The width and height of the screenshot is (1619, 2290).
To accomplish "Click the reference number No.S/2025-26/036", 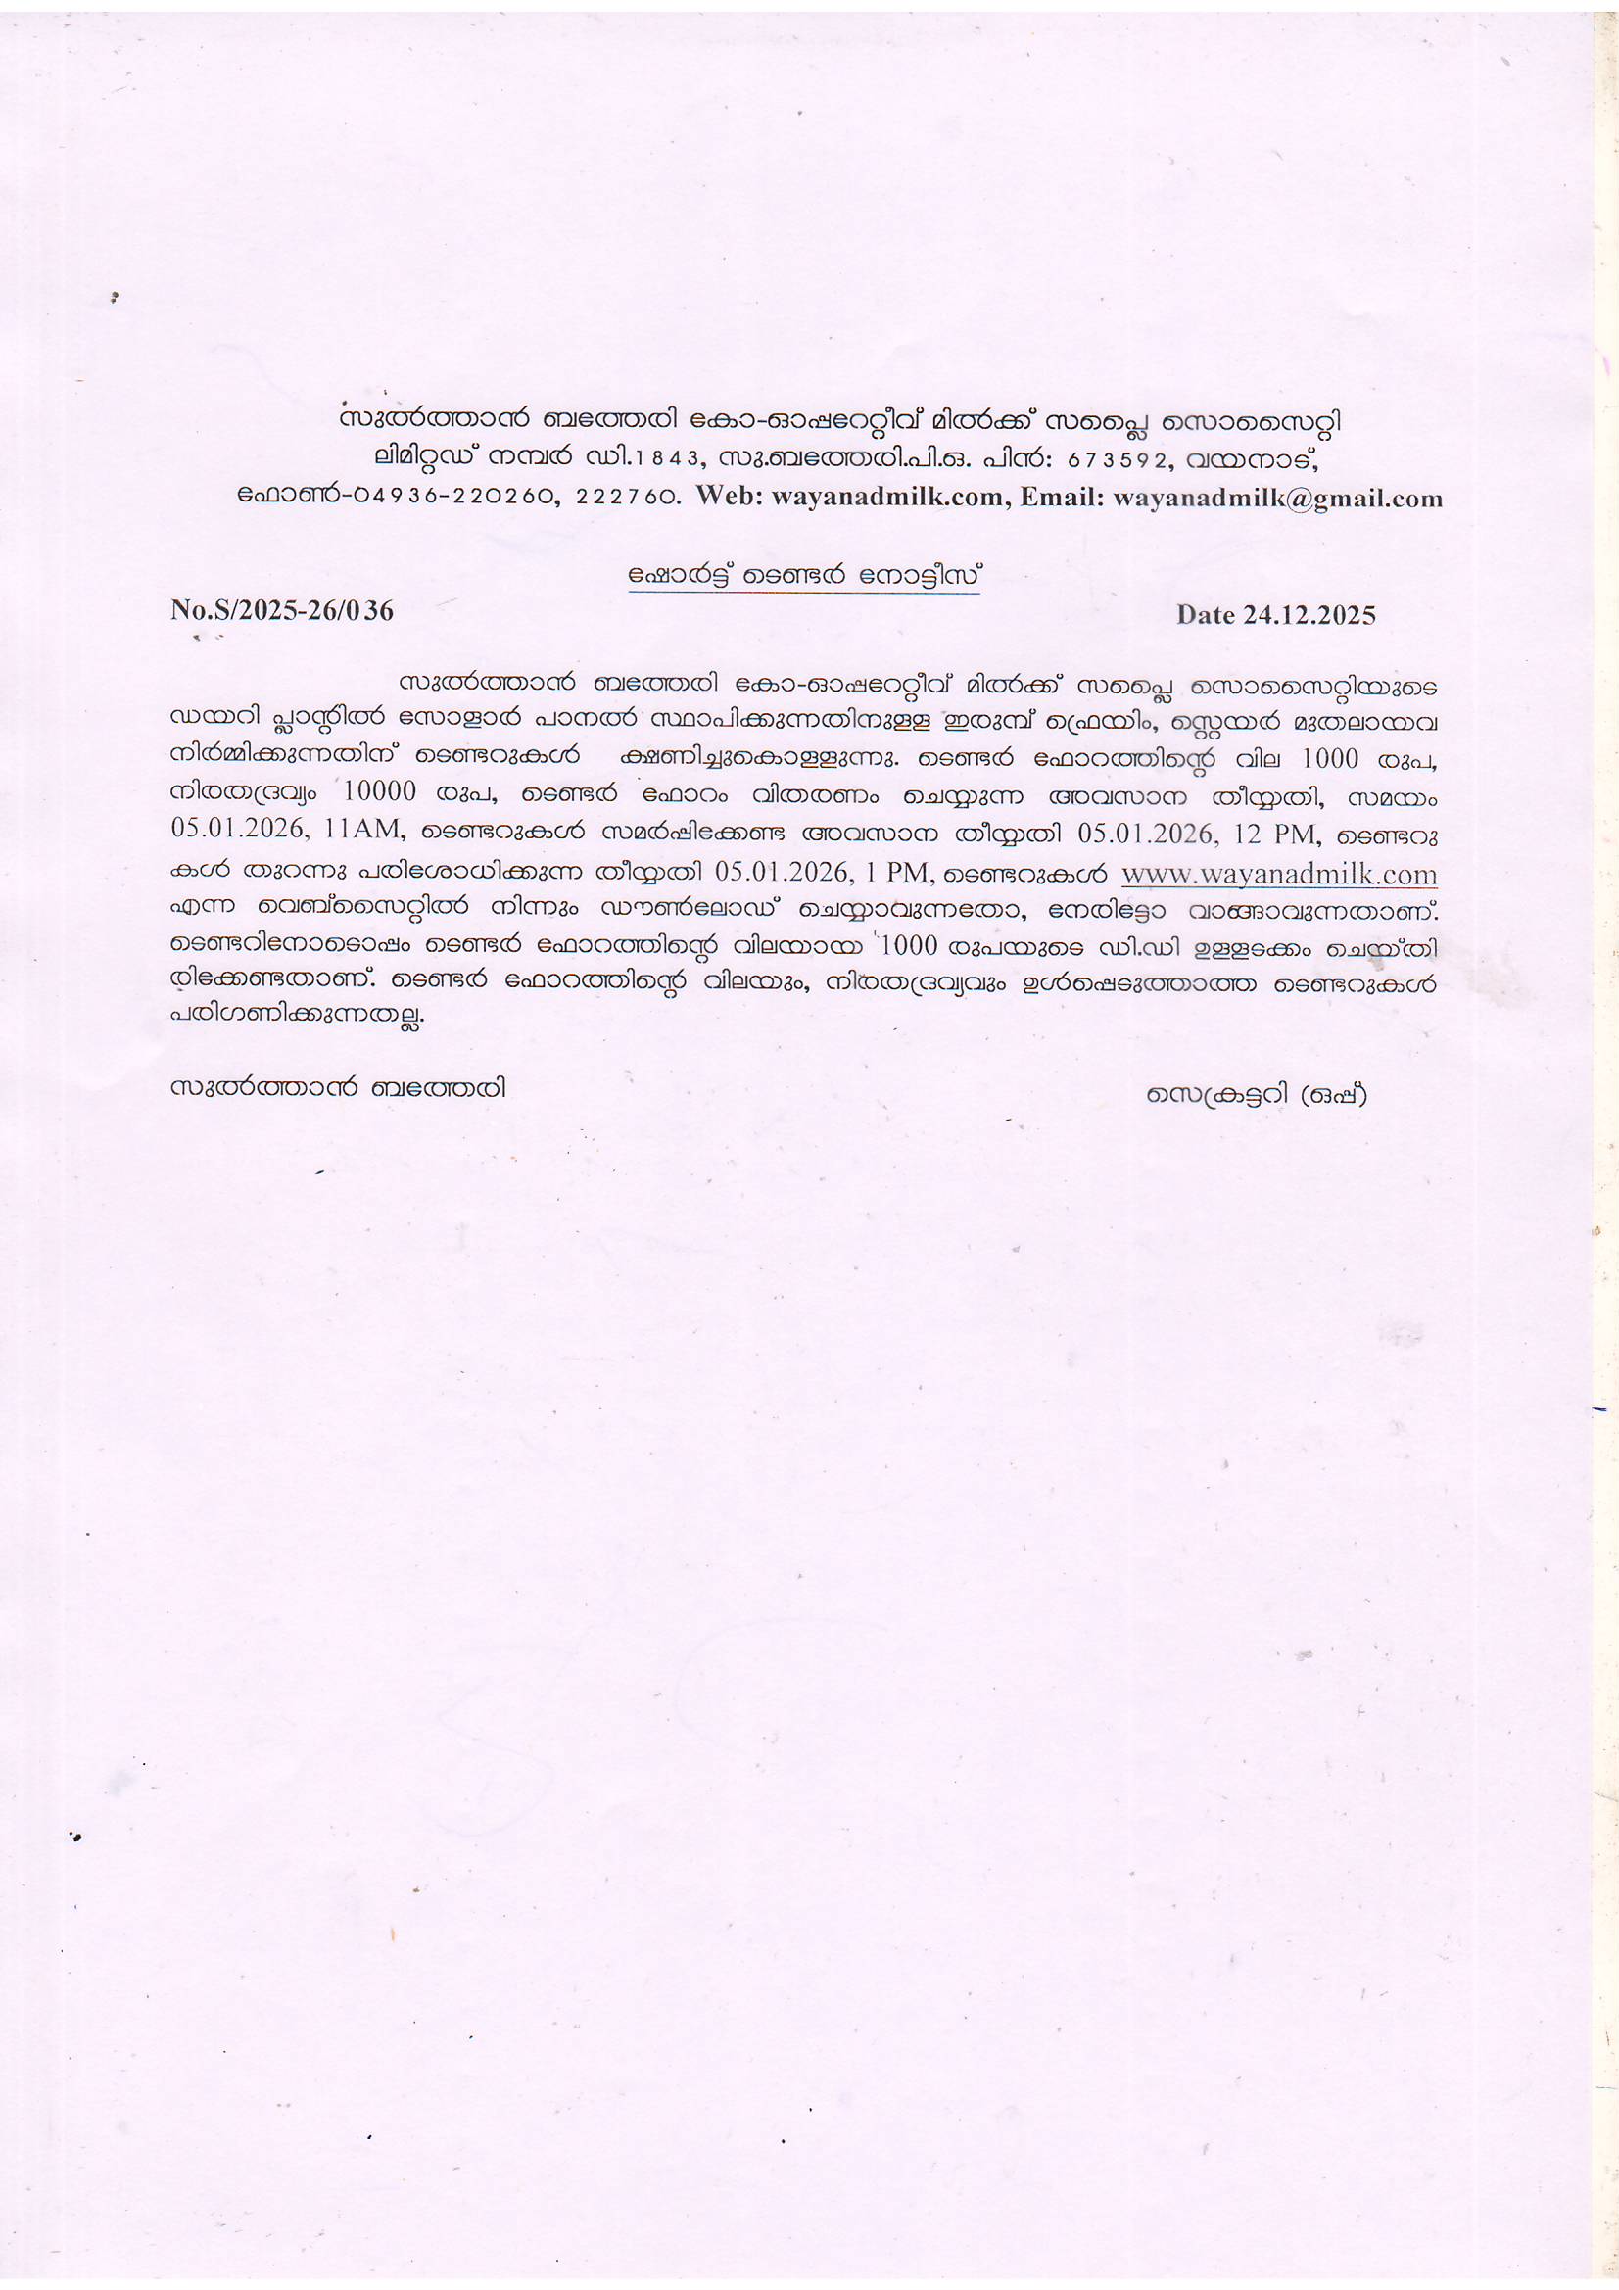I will coord(282,609).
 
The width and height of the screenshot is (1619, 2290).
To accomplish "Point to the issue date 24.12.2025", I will coord(1309,614).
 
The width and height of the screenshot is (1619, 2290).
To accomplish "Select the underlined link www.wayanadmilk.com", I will coord(1279,874).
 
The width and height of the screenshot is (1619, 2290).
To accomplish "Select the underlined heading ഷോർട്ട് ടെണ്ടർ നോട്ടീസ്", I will coord(804,576).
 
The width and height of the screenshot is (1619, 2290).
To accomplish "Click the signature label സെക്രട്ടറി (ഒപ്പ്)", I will coord(1256,1093).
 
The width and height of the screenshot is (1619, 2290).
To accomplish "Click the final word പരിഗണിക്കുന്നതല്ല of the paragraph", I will coord(296,1014).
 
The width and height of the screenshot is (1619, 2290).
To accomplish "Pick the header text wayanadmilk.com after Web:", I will coord(886,497).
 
